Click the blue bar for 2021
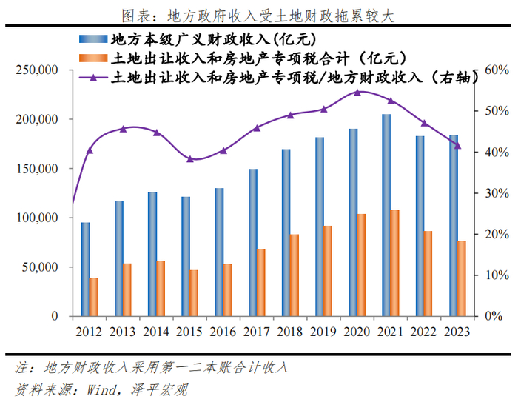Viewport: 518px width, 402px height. [386, 215]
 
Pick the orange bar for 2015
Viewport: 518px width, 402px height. [194, 293]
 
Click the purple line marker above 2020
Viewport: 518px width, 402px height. [357, 93]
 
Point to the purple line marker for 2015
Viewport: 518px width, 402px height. [189, 159]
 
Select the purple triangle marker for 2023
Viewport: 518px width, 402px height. [457, 146]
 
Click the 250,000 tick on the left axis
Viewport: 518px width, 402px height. [38, 70]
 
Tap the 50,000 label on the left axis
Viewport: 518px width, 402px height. [41, 267]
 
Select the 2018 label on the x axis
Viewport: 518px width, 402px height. [290, 331]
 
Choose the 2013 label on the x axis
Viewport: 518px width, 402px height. [123, 331]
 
